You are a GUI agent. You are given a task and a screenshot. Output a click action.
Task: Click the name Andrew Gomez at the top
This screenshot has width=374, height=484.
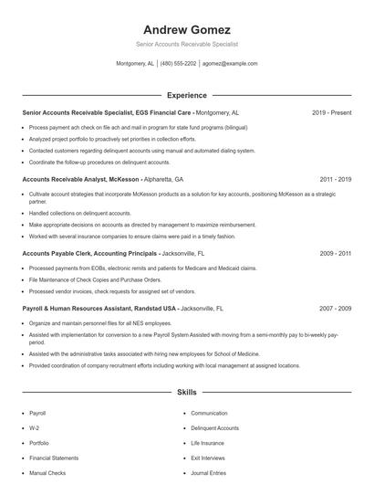pos(187,29)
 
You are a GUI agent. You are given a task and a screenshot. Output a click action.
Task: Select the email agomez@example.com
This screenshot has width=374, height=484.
pos(230,64)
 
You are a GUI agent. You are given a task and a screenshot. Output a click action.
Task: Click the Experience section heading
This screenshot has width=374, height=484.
pos(187,95)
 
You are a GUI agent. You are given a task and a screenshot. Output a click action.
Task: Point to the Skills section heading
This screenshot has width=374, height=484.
pos(187,393)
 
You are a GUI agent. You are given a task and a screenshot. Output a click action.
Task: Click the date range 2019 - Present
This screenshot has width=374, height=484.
pos(331,112)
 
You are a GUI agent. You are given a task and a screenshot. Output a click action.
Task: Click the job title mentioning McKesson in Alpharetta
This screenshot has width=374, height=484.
pos(102,180)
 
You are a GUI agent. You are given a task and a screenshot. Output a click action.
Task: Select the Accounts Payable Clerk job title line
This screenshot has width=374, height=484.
pos(113,252)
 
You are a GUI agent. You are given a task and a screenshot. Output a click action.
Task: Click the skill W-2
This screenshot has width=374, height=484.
pos(35,427)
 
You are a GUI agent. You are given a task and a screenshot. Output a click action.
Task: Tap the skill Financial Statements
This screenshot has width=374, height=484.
pos(53,458)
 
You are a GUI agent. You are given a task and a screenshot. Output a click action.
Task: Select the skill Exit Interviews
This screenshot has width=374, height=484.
pos(209,458)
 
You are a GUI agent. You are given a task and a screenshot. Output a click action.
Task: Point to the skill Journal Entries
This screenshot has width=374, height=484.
pos(209,473)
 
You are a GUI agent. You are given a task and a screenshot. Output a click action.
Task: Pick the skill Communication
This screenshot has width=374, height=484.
pos(210,413)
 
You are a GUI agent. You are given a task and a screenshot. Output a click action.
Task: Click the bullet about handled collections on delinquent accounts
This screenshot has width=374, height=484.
pos(78,213)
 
